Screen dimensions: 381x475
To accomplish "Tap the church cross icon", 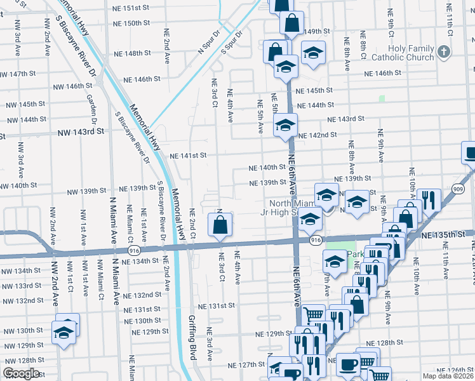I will [443, 52].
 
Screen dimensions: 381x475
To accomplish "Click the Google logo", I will [21, 373].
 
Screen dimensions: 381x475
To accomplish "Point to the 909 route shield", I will [458, 189].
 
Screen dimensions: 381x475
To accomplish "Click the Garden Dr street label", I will [92, 110].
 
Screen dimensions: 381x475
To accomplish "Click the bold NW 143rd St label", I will [81, 132].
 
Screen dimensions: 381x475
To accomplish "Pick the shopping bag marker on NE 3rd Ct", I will [220, 225].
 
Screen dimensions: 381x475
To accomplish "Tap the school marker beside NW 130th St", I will [64, 331].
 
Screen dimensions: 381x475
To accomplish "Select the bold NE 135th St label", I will [448, 235].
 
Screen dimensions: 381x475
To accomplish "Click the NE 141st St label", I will [189, 155].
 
